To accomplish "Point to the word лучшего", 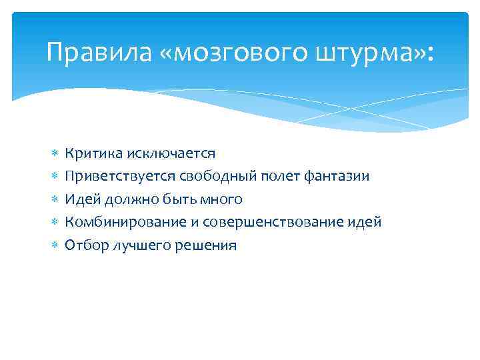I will coord(137,245).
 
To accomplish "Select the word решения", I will coord(205,245).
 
